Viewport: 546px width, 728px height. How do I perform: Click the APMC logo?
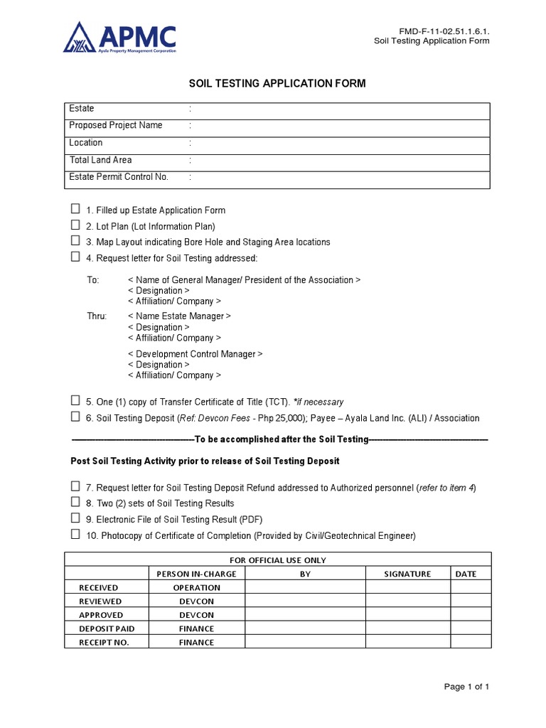click(119, 38)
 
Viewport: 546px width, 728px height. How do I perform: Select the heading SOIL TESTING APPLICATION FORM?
click(277, 83)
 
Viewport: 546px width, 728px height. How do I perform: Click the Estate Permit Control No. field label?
click(119, 177)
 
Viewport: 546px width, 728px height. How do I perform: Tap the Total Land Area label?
click(100, 160)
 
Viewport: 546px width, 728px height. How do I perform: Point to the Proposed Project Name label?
click(116, 125)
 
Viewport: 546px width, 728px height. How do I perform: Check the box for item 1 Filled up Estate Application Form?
click(75, 210)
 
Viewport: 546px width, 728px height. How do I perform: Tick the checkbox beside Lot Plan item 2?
click(75, 225)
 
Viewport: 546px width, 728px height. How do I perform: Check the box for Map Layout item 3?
click(75, 241)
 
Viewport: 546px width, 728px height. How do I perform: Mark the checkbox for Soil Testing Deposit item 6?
click(75, 417)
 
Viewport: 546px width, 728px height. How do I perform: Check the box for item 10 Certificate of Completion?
click(75, 535)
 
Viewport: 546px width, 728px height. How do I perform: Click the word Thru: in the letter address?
click(97, 316)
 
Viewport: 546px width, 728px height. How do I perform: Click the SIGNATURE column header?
click(407, 574)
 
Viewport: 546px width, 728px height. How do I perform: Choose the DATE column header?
click(466, 574)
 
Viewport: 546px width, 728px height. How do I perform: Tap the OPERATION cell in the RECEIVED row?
click(197, 587)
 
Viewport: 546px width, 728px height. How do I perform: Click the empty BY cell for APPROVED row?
click(305, 615)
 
